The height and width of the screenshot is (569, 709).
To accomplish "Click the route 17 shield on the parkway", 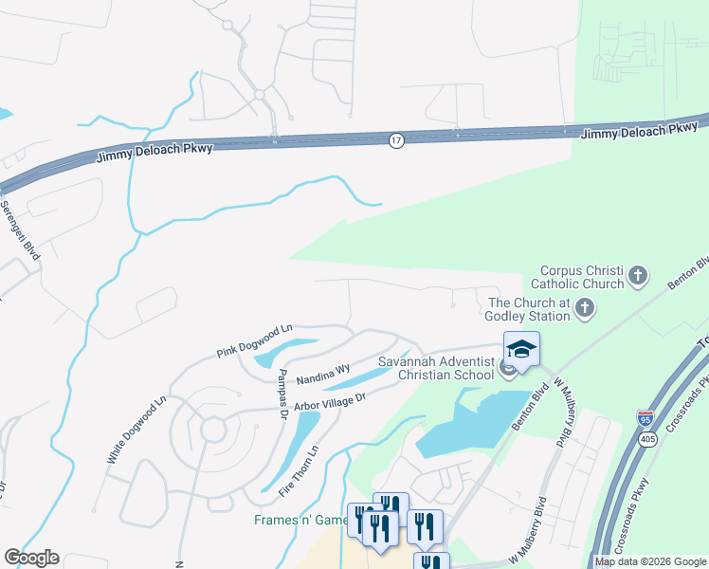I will (396, 140).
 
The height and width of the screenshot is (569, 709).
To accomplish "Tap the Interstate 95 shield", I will (645, 415).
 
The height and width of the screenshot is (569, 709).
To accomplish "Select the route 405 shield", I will (645, 439).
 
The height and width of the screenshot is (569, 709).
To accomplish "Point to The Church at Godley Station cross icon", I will (585, 307).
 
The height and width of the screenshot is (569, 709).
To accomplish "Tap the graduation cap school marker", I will (521, 350).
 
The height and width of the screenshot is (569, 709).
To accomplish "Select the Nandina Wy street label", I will (323, 372).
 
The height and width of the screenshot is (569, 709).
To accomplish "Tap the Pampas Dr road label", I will (282, 395).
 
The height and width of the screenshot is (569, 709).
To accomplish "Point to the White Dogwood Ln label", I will (136, 430).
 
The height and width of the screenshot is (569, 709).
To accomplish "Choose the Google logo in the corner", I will (31, 558).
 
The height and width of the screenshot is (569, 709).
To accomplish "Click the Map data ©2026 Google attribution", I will (650, 561).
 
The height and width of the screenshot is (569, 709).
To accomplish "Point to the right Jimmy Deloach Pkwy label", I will (637, 131).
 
